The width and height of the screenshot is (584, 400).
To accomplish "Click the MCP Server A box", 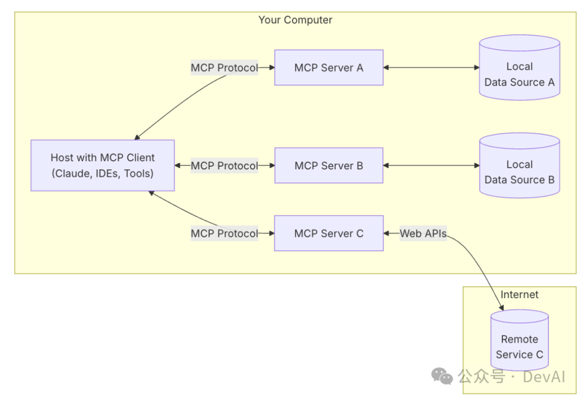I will (329, 68).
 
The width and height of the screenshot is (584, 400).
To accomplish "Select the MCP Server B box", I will (329, 166).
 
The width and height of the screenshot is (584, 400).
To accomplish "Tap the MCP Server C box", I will (329, 233).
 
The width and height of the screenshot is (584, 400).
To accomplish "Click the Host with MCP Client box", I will (103, 166).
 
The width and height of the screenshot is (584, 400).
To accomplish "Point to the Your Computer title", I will (295, 20).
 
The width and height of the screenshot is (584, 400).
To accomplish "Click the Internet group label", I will (519, 294).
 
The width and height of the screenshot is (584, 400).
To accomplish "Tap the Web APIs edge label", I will (423, 233).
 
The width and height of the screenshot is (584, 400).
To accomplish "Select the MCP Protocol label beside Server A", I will (224, 68).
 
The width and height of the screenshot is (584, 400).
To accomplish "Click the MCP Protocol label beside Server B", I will (224, 166).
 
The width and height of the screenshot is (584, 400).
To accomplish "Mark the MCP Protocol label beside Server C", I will (224, 233).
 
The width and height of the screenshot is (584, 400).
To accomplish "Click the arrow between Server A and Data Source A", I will (432, 68).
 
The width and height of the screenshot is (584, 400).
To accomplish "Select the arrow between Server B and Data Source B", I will (432, 166).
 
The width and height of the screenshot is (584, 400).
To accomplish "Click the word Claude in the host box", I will (72, 174).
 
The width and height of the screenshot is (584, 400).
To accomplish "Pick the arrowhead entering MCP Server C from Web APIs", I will (387, 233).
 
